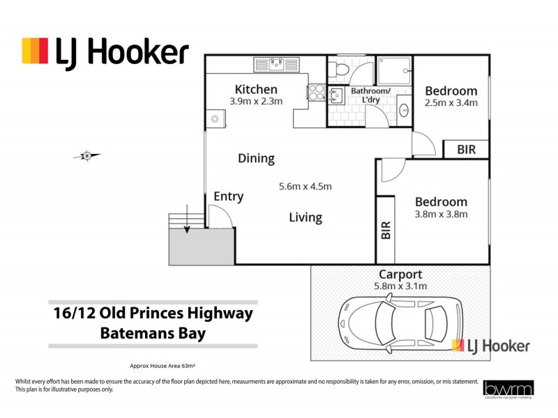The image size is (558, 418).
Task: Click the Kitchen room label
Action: [256, 89]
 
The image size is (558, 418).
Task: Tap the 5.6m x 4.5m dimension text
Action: [305, 186]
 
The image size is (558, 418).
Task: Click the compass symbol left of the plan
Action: [86, 156]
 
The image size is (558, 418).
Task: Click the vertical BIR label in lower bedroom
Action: [386, 231]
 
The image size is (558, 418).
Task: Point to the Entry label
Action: [229, 196]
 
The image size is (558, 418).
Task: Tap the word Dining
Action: [256, 158]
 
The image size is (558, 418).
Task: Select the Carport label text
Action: [401, 274]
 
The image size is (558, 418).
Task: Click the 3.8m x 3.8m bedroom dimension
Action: [441, 214]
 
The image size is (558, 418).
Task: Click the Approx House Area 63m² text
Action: [167, 366]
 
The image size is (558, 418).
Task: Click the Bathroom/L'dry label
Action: [370, 95]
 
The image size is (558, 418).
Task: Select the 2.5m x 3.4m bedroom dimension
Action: [451, 103]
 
